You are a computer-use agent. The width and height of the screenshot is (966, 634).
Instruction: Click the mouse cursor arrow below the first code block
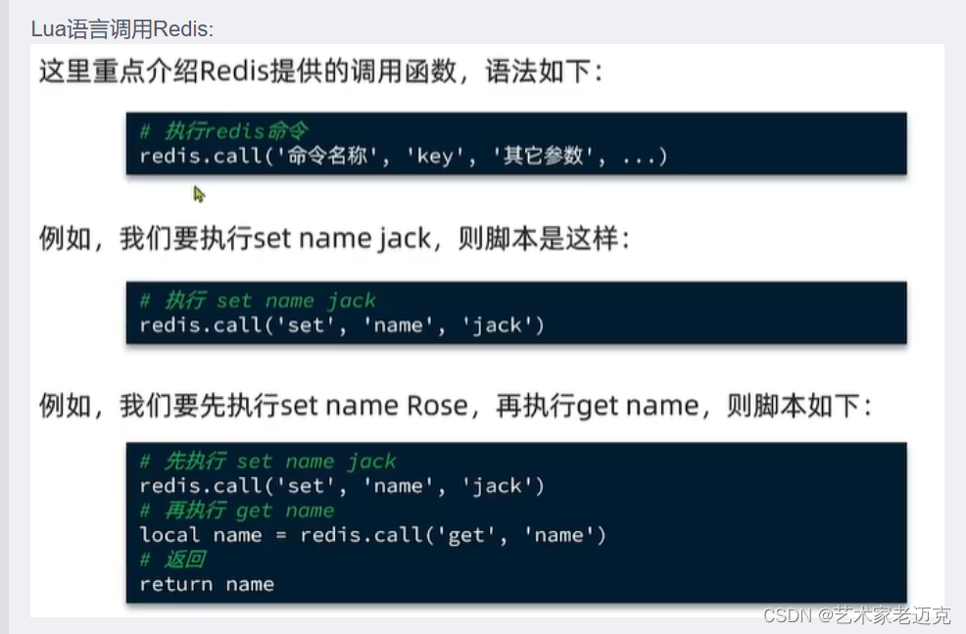pos(199,194)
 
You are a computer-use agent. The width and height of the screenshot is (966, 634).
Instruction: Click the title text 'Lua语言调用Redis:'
pos(122,29)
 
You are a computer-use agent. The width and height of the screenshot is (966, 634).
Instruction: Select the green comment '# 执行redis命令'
pos(224,132)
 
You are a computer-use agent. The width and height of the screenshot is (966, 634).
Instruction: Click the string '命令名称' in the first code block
pos(329,157)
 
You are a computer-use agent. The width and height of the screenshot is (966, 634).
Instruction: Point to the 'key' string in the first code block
pos(434,157)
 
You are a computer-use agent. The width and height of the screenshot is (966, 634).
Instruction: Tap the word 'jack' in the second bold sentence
pos(404,240)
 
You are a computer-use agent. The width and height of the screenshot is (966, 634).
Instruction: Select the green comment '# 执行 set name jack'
pos(258,301)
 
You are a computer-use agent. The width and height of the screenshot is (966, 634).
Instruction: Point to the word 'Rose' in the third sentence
pos(437,405)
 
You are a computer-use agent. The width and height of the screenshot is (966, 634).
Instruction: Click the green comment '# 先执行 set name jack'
pos(267,462)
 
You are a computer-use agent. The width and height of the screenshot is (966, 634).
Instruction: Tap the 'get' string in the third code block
pos(465,535)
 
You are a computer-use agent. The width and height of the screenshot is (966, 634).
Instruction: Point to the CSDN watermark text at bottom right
pos(856,615)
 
